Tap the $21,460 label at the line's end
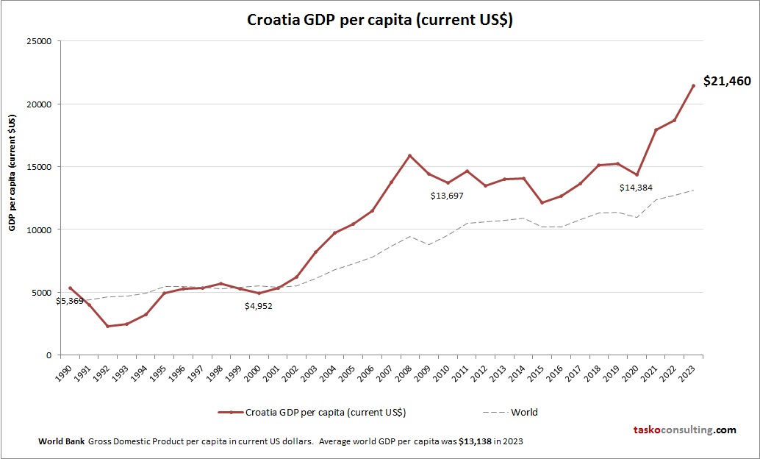point(726,82)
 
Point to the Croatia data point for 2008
point(410,156)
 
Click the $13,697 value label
point(450,196)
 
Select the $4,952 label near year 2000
point(259,306)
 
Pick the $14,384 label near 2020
point(639,188)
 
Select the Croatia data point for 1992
point(108,326)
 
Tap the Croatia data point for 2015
point(542,202)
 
